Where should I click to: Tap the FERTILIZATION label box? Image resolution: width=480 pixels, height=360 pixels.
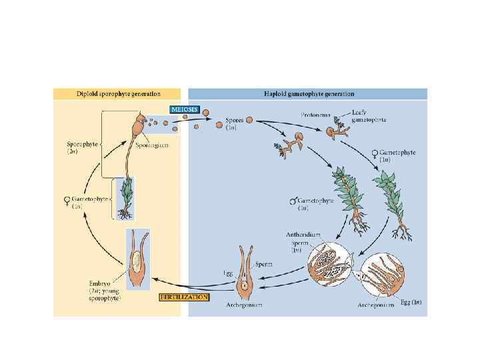pos(184,297)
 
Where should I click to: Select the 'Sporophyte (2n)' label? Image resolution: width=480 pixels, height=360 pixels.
pos(81,147)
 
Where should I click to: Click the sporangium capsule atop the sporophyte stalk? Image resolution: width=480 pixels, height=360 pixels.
pos(139,124)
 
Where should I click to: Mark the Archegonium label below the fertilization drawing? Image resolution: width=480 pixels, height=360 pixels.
pos(244,305)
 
